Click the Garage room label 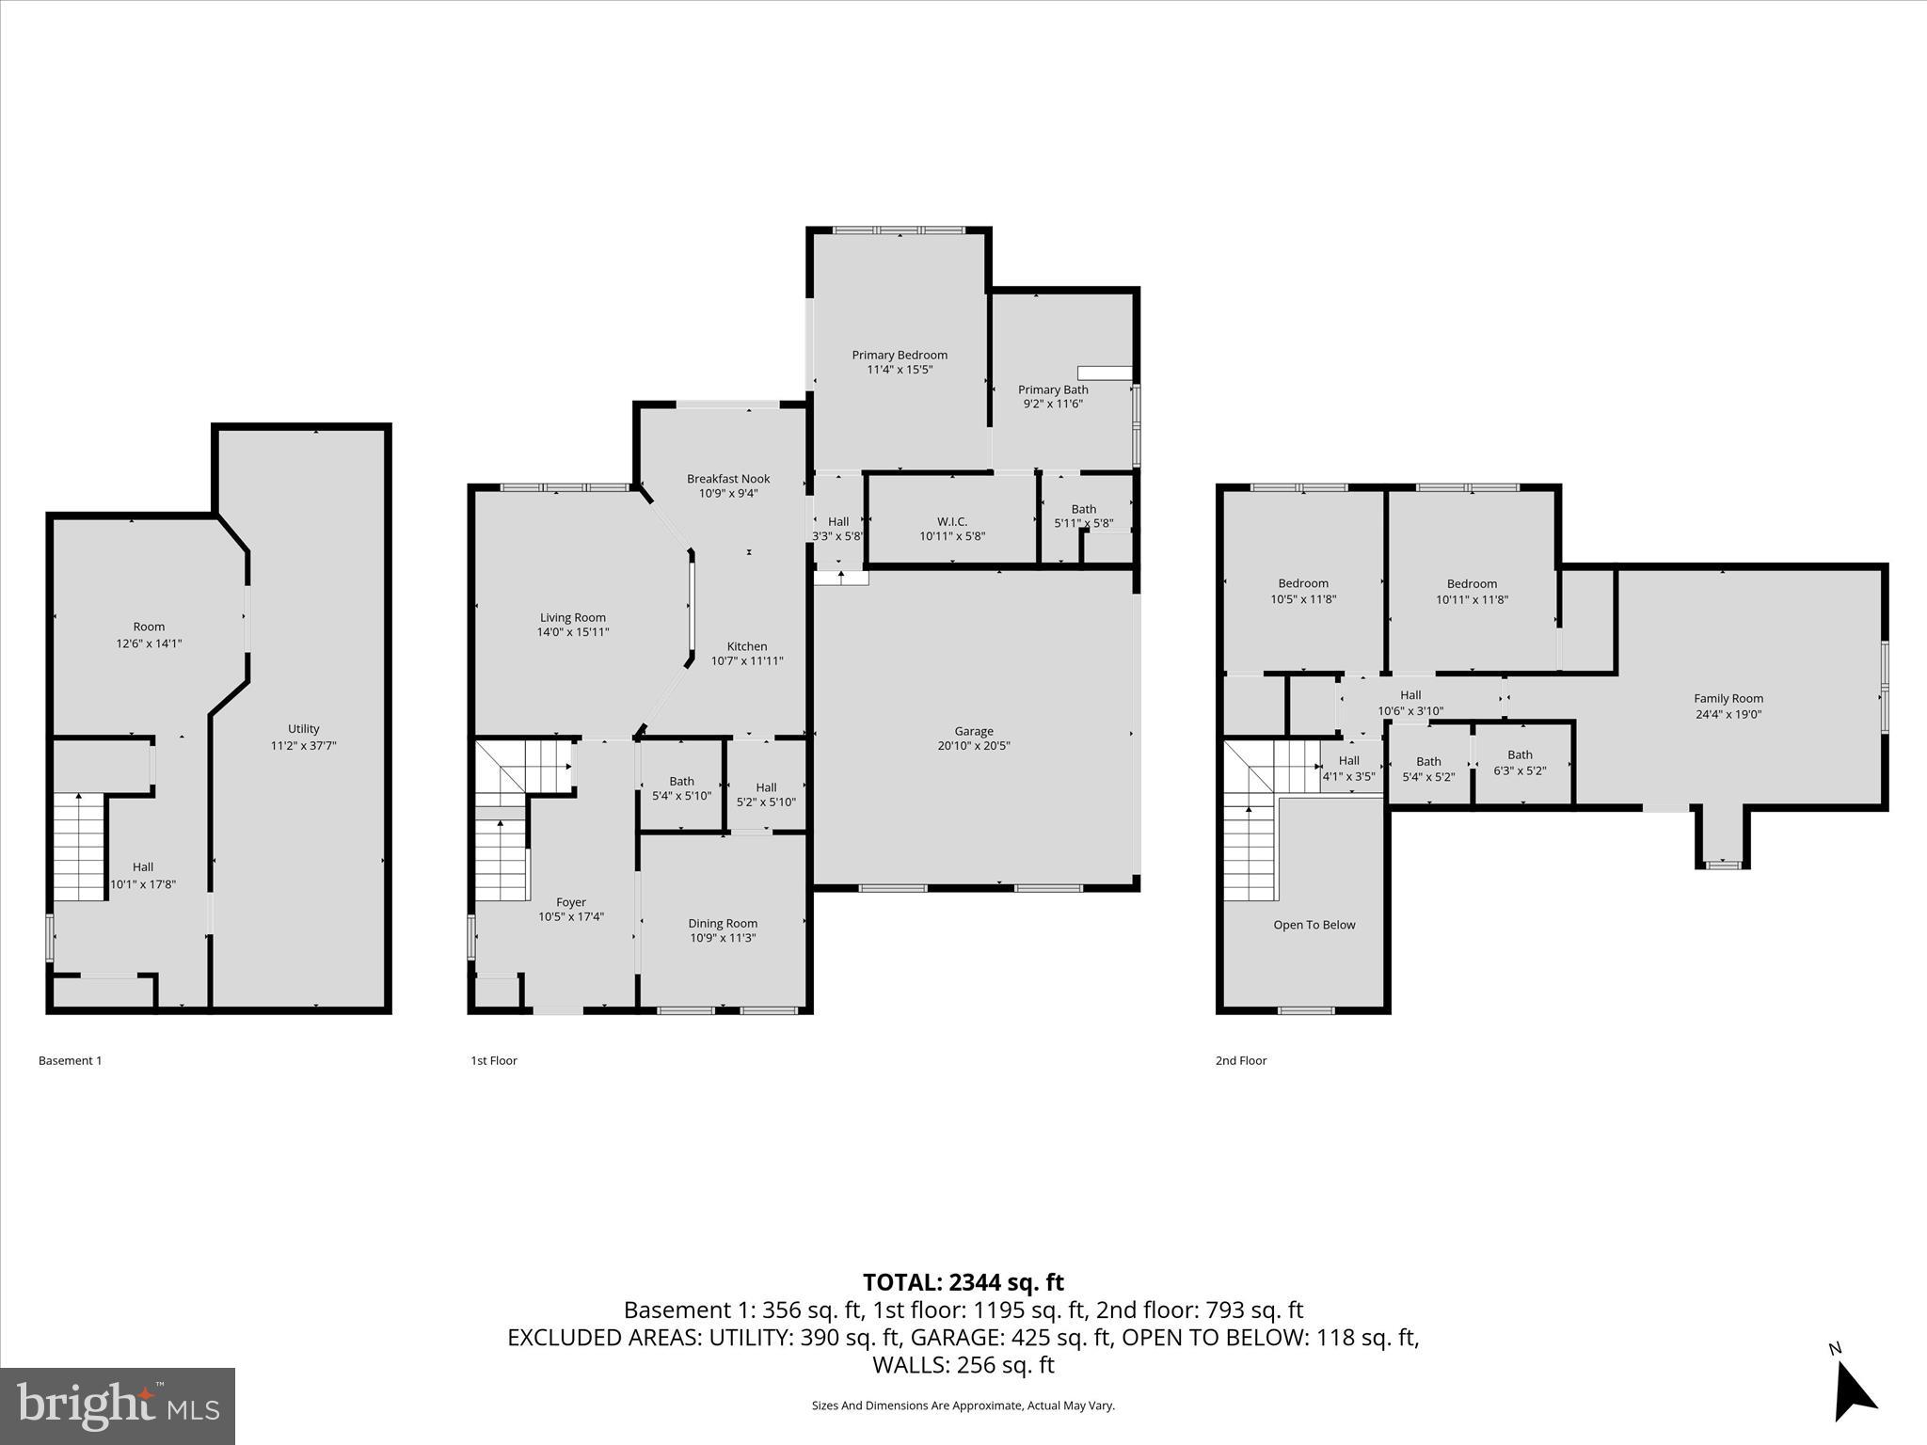tap(973, 731)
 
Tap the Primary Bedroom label tap(900, 355)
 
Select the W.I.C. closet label tap(951, 521)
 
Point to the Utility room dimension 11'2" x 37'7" tap(303, 745)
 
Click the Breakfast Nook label tap(727, 479)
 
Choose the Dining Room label tap(722, 923)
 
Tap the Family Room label tap(1728, 698)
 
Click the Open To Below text tap(1314, 925)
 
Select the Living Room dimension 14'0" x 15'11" tap(572, 632)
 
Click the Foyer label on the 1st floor tap(570, 902)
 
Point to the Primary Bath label tap(1052, 389)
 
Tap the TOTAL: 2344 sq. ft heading tap(963, 1282)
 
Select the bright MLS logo tap(118, 1405)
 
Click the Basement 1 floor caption tap(70, 1060)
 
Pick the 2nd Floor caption tap(1240, 1060)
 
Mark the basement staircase tap(78, 847)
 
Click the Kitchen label tap(746, 646)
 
